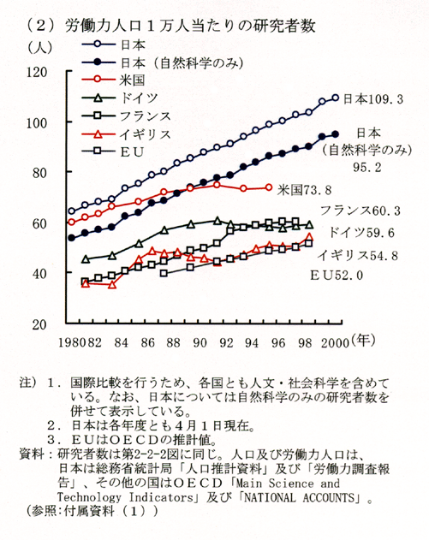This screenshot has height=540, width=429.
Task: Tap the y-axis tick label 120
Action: (37, 73)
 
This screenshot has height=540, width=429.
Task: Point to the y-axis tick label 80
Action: (39, 173)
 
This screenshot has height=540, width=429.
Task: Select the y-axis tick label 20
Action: (39, 324)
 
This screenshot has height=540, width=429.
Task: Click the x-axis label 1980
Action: (71, 342)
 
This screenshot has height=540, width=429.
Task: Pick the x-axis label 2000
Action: (335, 342)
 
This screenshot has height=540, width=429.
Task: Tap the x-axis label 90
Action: (200, 342)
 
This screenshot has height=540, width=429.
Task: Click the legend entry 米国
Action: (133, 80)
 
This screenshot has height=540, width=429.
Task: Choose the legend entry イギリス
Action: (145, 134)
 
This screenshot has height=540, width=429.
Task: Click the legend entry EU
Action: (132, 151)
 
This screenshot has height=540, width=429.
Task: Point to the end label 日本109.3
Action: (372, 99)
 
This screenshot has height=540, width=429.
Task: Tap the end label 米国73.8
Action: (304, 190)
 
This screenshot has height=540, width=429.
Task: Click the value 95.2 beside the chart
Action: (367, 168)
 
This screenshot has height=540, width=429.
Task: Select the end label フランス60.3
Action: (360, 210)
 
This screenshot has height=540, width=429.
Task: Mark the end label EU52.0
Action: (337, 276)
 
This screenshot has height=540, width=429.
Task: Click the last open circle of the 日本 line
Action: (336, 98)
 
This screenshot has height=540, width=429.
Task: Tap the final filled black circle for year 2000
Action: (336, 134)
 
